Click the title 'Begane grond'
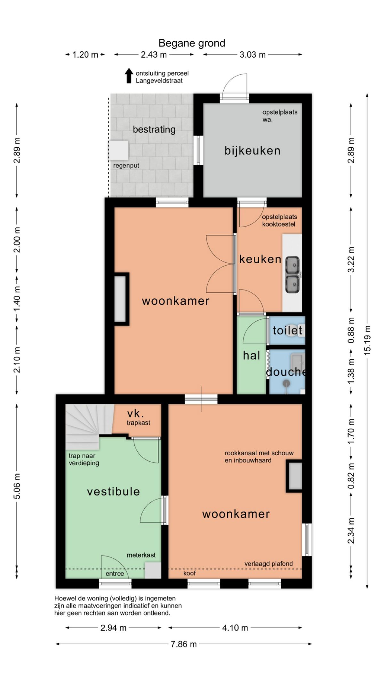pyautogui.click(x=192, y=43)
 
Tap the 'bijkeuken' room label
pyautogui.click(x=252, y=150)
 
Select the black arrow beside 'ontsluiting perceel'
pyautogui.click(x=129, y=76)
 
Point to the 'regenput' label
pyautogui.click(x=126, y=166)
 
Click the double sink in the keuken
pyautogui.click(x=292, y=275)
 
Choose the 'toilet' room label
pyautogui.click(x=287, y=330)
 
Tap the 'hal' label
pyautogui.click(x=252, y=355)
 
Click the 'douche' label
pyautogui.click(x=286, y=372)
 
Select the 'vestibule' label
pyautogui.click(x=114, y=492)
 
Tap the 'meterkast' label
pyautogui.click(x=141, y=555)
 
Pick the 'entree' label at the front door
pyautogui.click(x=115, y=573)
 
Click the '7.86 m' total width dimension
pyautogui.click(x=184, y=644)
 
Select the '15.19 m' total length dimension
pyautogui.click(x=367, y=340)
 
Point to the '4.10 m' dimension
pyautogui.click(x=235, y=628)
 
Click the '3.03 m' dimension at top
pyautogui.click(x=253, y=55)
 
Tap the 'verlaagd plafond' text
pyautogui.click(x=268, y=564)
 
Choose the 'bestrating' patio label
pyautogui.click(x=154, y=129)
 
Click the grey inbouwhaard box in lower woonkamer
pyautogui.click(x=294, y=476)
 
